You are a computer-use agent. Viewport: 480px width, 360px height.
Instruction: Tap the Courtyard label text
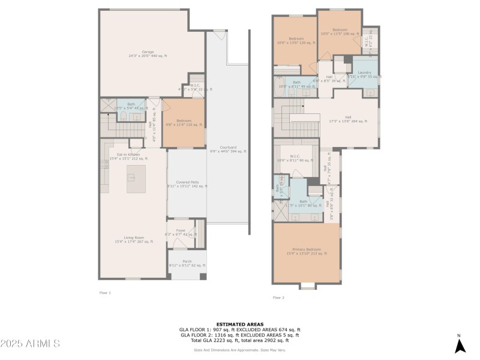coord(228,149)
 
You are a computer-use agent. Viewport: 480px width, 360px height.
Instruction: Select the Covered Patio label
coord(187,184)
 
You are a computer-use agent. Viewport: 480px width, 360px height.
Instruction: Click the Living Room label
coord(134,239)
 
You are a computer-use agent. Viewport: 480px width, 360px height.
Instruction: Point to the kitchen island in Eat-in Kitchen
coord(131,178)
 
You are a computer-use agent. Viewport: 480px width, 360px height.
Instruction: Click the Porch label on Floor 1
coord(187,263)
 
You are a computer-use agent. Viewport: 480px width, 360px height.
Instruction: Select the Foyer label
coord(181,232)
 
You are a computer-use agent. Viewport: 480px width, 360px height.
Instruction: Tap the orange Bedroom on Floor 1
coord(184,123)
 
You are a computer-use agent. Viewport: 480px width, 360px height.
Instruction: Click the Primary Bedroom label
coord(307,251)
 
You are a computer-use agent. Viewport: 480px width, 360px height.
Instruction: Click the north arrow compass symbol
coord(460,345)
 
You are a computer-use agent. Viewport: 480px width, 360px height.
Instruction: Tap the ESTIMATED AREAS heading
coord(239,324)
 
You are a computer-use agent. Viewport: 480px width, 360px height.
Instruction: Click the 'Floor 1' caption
coord(105,293)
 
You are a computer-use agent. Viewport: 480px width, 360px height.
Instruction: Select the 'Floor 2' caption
coord(278,297)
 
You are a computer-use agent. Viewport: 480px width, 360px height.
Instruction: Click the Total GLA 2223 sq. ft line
coord(239,340)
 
